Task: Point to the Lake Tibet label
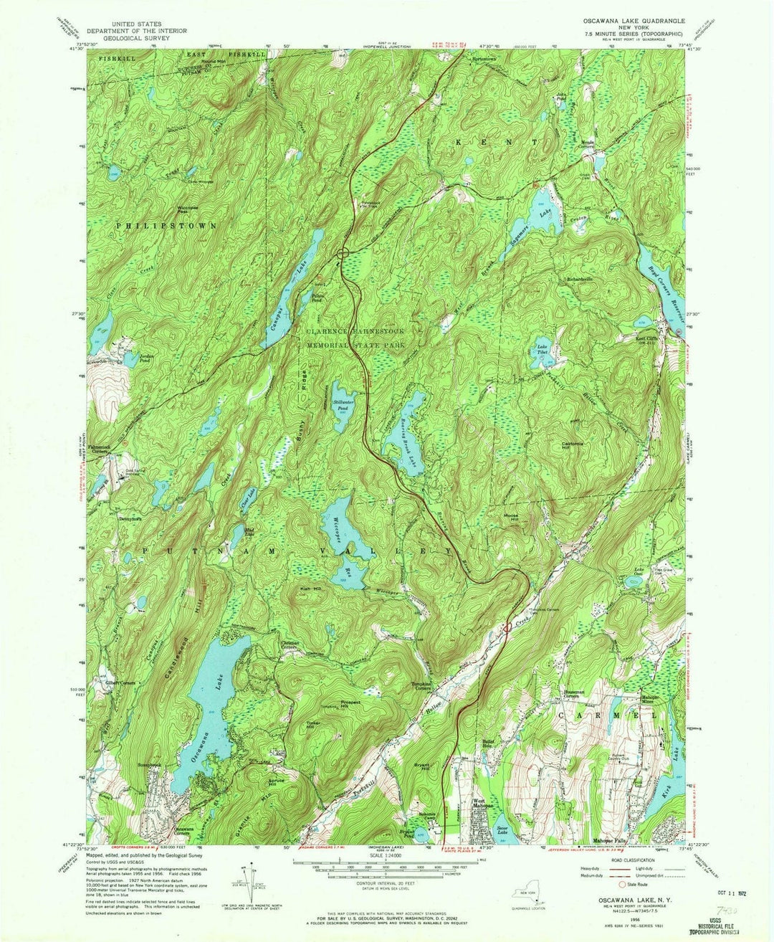(543, 350)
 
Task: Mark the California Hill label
(575, 445)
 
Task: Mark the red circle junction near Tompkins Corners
(507, 627)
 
